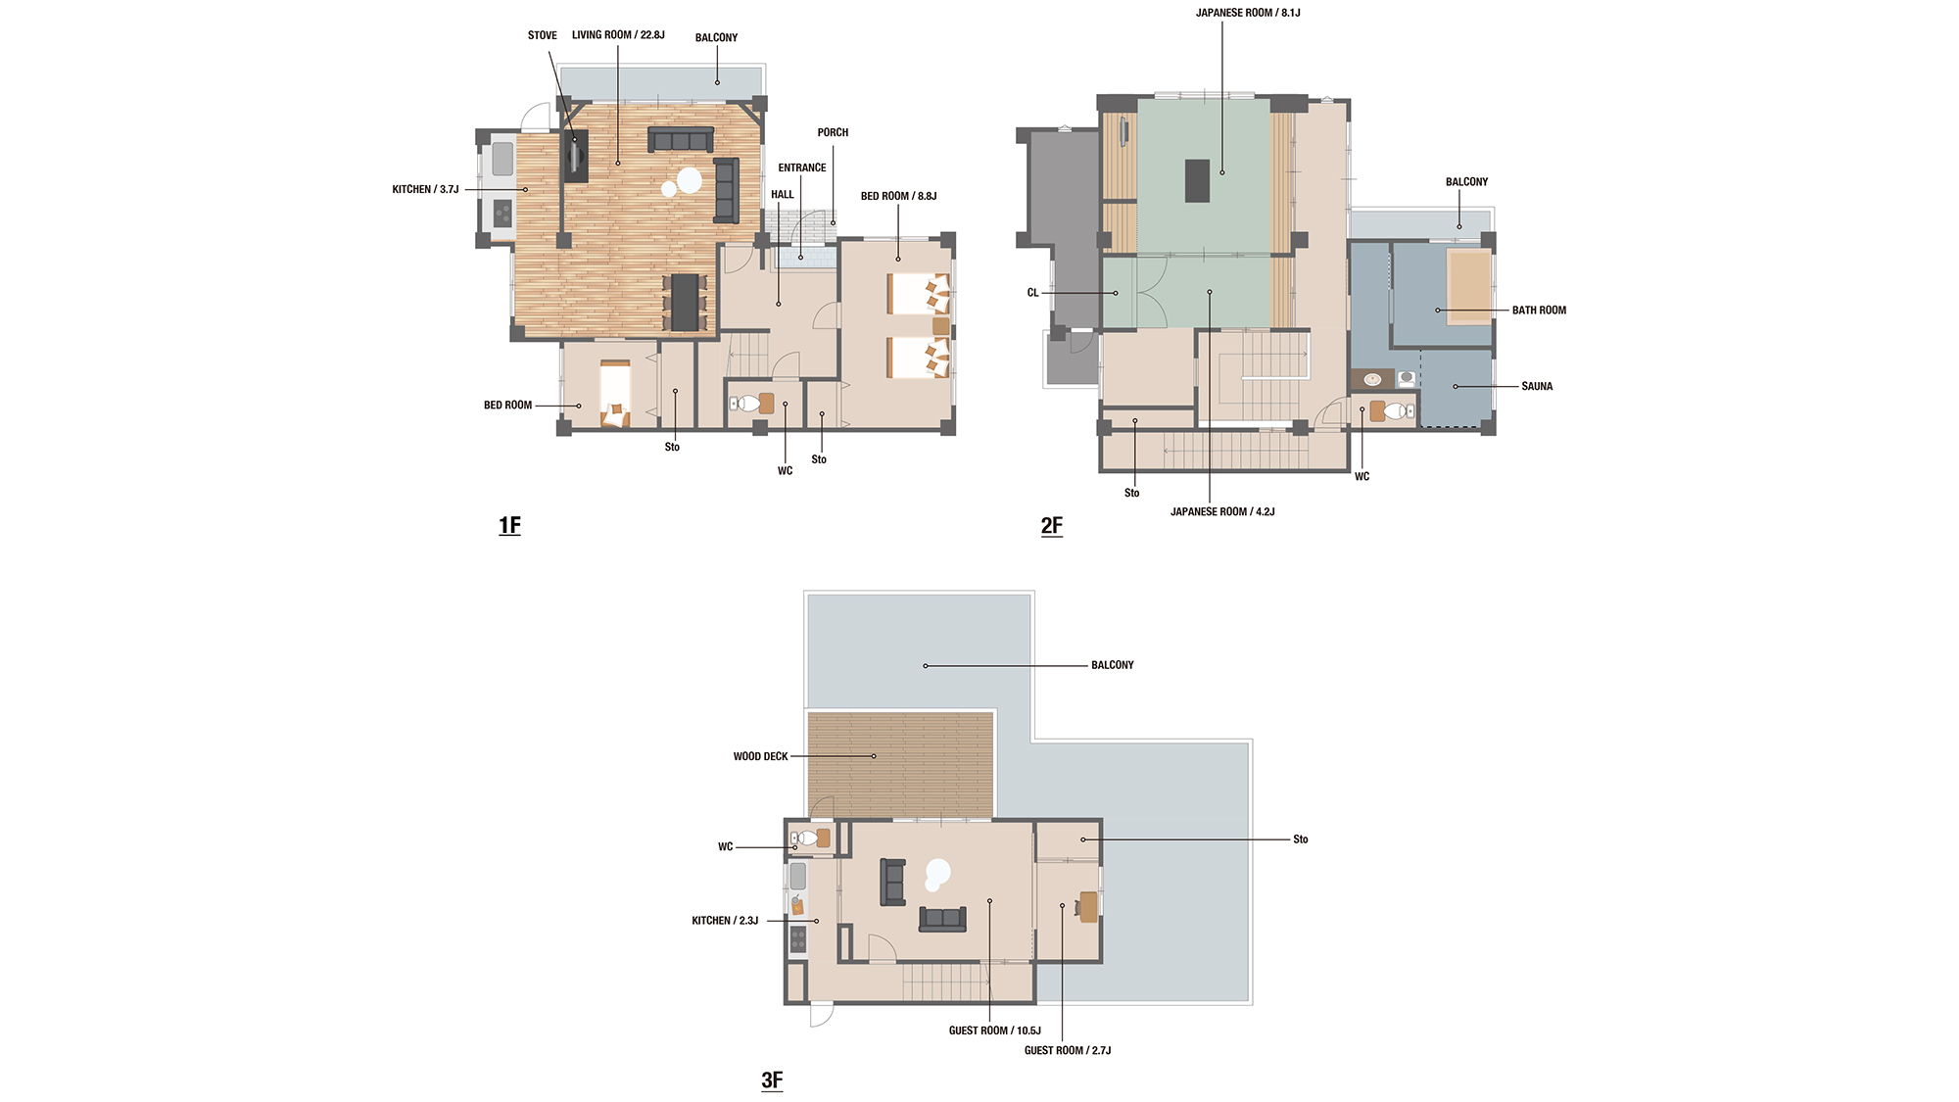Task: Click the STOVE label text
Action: (543, 35)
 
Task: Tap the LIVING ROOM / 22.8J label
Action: (618, 35)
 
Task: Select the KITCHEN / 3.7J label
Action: (425, 189)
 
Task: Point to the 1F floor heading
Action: (509, 525)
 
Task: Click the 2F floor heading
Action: (1051, 525)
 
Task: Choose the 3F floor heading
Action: (772, 1079)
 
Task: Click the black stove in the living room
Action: (575, 157)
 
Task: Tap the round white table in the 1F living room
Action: (690, 180)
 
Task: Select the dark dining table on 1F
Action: (685, 303)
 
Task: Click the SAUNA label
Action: (1537, 386)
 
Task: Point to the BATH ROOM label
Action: (1539, 311)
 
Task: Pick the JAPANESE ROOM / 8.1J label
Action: (1248, 13)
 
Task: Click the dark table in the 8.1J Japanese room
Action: (1197, 180)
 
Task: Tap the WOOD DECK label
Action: (760, 756)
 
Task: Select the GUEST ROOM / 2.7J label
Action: (1068, 1050)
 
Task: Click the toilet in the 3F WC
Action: (808, 838)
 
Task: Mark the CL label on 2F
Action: (1032, 293)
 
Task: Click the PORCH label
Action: (833, 132)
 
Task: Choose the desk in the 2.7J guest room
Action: (1088, 907)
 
